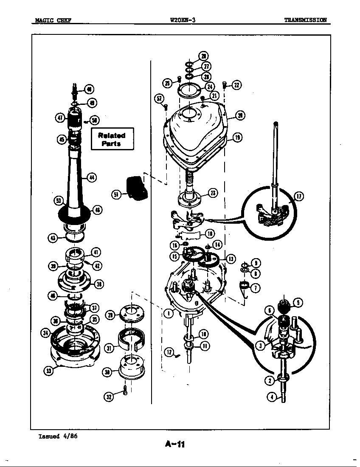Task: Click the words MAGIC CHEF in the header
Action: point(53,20)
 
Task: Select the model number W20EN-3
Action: point(182,20)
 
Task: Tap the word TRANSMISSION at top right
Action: point(305,20)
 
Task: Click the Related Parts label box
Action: point(112,139)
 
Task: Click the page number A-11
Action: point(175,444)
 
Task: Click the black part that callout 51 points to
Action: point(137,187)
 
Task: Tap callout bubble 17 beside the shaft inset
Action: point(299,196)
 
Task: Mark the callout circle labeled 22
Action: point(236,85)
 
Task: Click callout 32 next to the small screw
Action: point(109,397)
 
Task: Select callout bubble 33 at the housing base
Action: point(49,371)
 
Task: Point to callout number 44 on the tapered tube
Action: point(92,177)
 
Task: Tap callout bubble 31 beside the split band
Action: point(109,348)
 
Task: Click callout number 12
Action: point(169,352)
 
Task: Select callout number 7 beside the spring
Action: point(256,288)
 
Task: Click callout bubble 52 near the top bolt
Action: point(159,98)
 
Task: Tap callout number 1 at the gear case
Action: point(169,313)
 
